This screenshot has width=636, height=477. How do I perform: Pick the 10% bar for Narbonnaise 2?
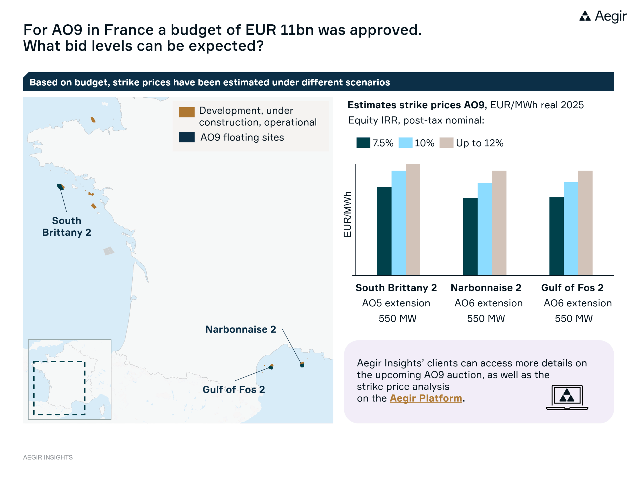pyautogui.click(x=485, y=229)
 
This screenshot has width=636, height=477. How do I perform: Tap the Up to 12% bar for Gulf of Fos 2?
pyautogui.click(x=585, y=223)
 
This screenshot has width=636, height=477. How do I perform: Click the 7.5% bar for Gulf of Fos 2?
pyautogui.click(x=556, y=236)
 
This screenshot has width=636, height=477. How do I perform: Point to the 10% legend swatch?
pyautogui.click(x=405, y=143)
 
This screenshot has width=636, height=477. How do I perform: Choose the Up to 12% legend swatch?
pyautogui.click(x=446, y=143)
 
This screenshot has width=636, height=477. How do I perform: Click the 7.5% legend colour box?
pyautogui.click(x=363, y=143)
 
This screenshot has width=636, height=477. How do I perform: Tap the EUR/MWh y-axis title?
pyautogui.click(x=347, y=214)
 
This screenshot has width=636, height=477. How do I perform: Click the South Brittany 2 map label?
pyautogui.click(x=67, y=226)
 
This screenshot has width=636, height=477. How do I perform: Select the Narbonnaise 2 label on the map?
pyautogui.click(x=240, y=329)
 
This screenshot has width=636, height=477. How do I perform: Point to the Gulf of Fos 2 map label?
pyautogui.click(x=234, y=390)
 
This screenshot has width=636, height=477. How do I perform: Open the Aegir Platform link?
pyautogui.click(x=426, y=398)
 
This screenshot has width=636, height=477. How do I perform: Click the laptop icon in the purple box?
pyautogui.click(x=567, y=397)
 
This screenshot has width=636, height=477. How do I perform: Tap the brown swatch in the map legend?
pyautogui.click(x=187, y=112)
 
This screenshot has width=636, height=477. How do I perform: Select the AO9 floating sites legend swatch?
pyautogui.click(x=187, y=137)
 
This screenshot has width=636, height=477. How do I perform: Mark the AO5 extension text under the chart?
pyautogui.click(x=396, y=303)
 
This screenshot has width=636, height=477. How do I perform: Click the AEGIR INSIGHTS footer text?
pyautogui.click(x=48, y=457)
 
